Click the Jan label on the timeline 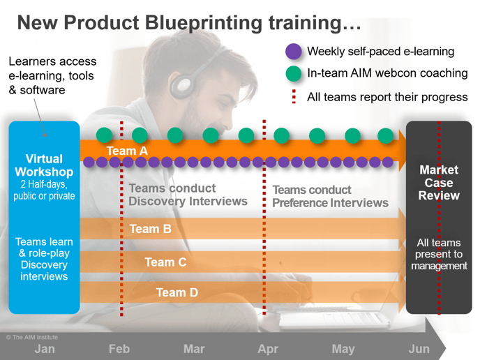click(45, 349)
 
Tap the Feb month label click(119, 349)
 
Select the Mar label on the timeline click(194, 349)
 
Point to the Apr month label click(268, 350)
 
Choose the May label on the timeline click(343, 350)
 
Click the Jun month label click(419, 349)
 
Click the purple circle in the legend click(293, 52)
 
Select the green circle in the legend click(293, 73)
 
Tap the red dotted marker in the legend click(294, 96)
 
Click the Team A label click(127, 151)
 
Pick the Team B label click(150, 229)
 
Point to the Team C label click(165, 262)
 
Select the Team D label click(177, 292)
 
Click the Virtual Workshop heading click(44, 165)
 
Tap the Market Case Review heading click(439, 183)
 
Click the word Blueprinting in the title click(204, 23)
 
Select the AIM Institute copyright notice click(32, 338)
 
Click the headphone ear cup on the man click(183, 85)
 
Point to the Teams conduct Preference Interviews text click(330, 197)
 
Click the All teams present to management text click(439, 255)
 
